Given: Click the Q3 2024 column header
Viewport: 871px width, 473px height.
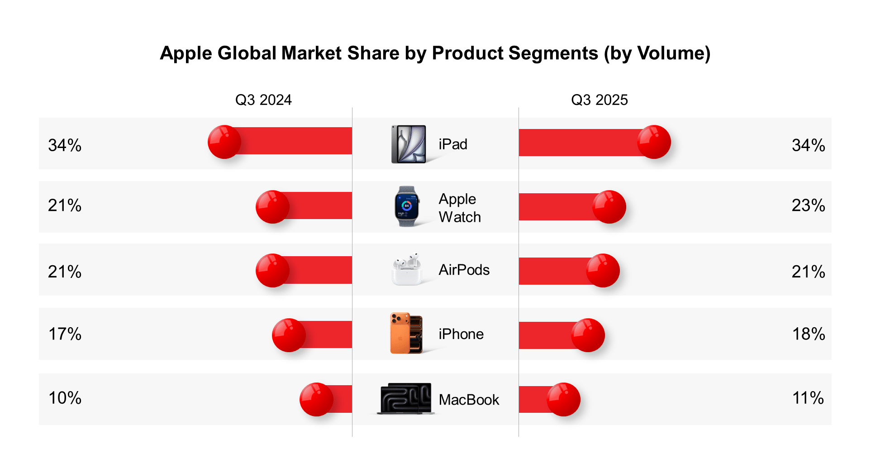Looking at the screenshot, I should pos(263,100).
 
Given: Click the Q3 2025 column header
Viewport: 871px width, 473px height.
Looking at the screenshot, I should pos(599,100).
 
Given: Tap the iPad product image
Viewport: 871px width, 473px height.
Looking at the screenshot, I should pos(409,144).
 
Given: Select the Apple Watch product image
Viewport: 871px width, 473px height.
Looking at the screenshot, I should pos(407,206).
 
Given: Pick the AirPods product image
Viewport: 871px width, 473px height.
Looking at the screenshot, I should pos(407,269).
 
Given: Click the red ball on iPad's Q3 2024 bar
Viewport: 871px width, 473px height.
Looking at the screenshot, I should pos(224,142).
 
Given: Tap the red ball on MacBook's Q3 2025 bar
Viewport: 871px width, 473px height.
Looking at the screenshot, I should pos(563,399).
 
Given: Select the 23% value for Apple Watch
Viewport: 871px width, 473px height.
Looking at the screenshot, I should pos(808,205).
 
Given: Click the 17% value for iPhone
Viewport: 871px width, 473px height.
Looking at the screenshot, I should pos(65,334).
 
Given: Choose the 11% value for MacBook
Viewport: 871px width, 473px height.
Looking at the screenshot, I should pos(808,398).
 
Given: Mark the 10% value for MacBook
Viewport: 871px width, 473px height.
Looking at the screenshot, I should pos(65,398).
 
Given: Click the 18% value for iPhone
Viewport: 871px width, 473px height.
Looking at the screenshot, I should pos(808,334).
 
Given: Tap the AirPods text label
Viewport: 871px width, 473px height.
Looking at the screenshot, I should pos(464,270).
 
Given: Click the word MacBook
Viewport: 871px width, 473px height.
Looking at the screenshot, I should pos(469,400).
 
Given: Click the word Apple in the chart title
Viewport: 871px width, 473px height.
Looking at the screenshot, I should pos(186,53).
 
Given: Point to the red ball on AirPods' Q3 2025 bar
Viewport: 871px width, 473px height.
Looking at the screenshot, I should pos(603,270).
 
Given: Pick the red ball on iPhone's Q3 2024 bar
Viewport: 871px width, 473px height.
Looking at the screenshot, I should pos(289,335).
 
